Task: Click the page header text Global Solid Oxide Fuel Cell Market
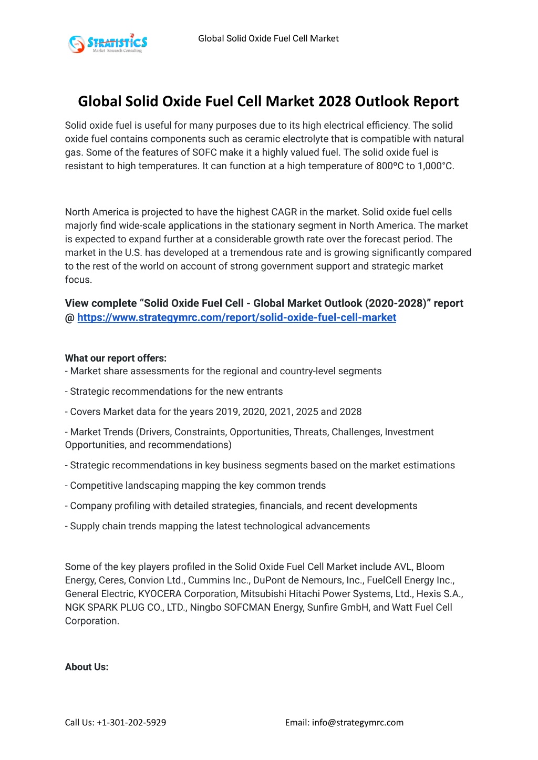(268, 38)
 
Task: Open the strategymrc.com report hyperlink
(236, 317)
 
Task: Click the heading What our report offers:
(116, 358)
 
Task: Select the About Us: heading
(87, 666)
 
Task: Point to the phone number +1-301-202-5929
(131, 722)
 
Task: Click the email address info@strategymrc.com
(357, 722)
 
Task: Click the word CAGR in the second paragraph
(284, 212)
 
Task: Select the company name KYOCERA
(160, 594)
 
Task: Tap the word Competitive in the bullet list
(95, 486)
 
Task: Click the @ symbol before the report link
(70, 317)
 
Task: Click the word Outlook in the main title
(381, 101)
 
